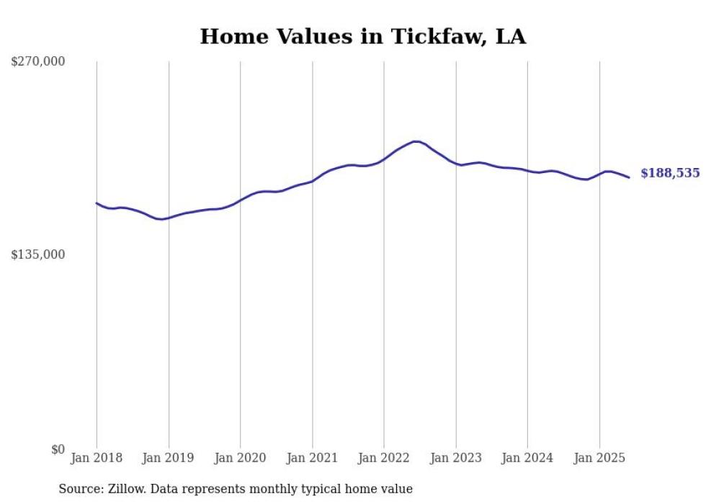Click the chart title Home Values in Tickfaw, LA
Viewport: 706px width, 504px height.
coord(362,37)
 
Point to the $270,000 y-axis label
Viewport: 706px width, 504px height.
coord(38,61)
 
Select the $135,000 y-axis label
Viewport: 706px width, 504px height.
coord(38,255)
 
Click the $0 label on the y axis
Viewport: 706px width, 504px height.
coord(58,449)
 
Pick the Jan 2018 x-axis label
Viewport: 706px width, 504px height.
coord(97,458)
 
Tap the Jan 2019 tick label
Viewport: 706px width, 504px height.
coord(169,458)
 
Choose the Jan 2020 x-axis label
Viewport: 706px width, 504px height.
coord(241,458)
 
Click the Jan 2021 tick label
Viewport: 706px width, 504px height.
coord(312,458)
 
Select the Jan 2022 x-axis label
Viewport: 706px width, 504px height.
coord(384,458)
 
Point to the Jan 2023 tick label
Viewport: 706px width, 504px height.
coord(455,458)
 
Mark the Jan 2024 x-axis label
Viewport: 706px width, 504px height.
coord(527,458)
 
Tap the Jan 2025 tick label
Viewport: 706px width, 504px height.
coord(599,458)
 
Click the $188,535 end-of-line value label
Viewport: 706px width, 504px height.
coord(670,173)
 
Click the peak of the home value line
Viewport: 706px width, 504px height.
coord(415,141)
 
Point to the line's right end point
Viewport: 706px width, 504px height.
coord(629,177)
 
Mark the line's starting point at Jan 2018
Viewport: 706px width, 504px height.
coord(97,203)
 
